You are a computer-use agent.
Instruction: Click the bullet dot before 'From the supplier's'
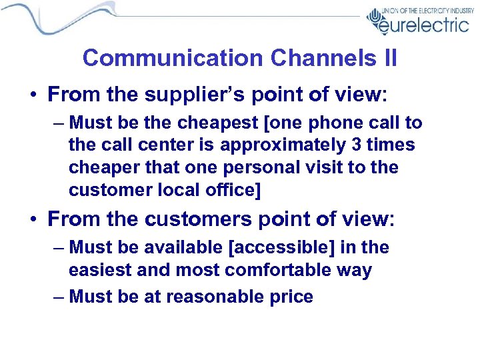click(33, 94)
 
